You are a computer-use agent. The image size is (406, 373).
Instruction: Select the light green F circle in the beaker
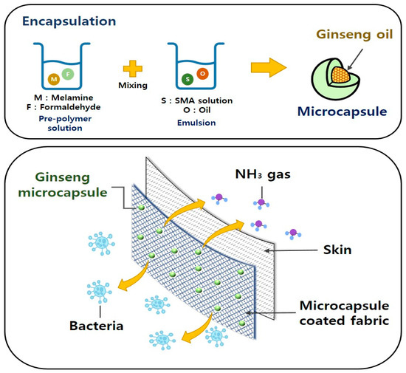[67, 75]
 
